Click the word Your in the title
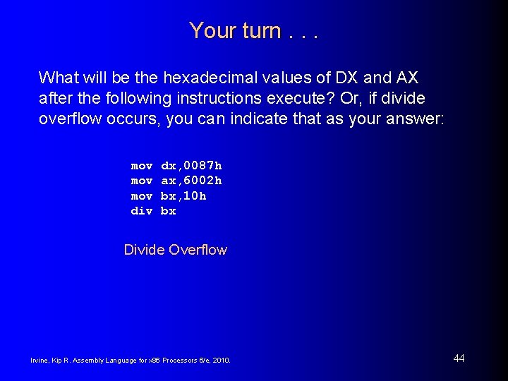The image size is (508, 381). click(x=207, y=31)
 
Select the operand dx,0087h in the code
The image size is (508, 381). click(x=191, y=166)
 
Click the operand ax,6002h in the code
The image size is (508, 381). click(x=191, y=181)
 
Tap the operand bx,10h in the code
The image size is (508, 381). click(x=183, y=196)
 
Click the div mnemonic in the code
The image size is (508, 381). click(x=141, y=211)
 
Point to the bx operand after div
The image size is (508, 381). click(x=169, y=211)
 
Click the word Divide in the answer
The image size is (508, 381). click(x=143, y=250)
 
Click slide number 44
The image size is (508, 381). click(x=459, y=358)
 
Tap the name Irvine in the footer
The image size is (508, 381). click(x=39, y=361)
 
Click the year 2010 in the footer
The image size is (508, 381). click(x=222, y=361)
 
